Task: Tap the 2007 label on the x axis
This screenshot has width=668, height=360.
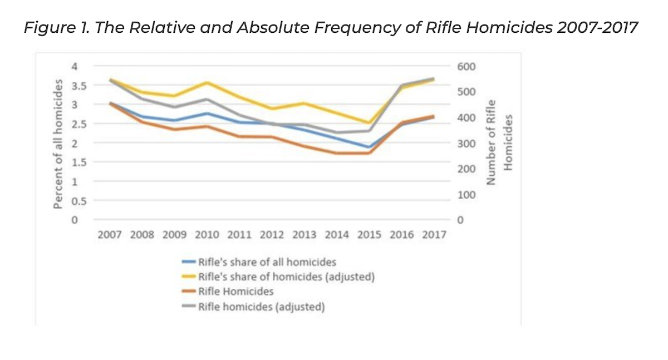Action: (x=109, y=235)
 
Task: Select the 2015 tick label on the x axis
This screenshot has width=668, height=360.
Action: (x=370, y=235)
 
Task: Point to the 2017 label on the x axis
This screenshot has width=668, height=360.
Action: (x=434, y=235)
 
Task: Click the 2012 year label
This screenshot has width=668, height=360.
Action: (x=272, y=235)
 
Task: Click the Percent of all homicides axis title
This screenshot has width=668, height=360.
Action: (x=57, y=144)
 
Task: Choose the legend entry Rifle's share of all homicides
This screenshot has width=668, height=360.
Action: (x=267, y=261)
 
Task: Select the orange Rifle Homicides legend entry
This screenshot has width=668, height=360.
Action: (x=236, y=292)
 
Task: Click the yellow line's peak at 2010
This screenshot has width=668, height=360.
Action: (x=207, y=82)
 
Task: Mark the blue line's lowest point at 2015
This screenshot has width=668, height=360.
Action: (x=370, y=147)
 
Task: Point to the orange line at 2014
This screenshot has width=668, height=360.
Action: (x=337, y=153)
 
